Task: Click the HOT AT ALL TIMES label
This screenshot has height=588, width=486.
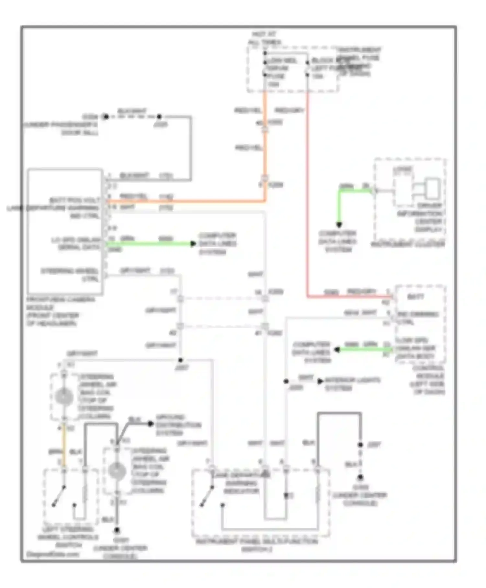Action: point(264,38)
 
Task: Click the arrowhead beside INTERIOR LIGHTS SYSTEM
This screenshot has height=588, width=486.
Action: point(320,381)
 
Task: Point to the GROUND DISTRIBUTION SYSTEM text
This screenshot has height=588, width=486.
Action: point(178,425)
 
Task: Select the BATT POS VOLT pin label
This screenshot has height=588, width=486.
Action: point(75,200)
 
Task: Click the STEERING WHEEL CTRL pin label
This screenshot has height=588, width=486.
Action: point(70,275)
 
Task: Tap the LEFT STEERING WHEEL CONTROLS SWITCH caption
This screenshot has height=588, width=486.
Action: point(68,537)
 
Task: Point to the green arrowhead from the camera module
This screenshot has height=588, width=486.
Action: point(193,244)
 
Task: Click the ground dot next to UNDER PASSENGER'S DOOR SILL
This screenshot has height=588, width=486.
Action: point(105,117)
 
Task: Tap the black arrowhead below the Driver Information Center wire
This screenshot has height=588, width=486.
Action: point(339,224)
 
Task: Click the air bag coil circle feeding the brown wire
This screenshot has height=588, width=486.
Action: point(64,396)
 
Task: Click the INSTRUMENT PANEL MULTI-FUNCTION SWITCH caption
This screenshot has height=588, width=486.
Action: point(257,545)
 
